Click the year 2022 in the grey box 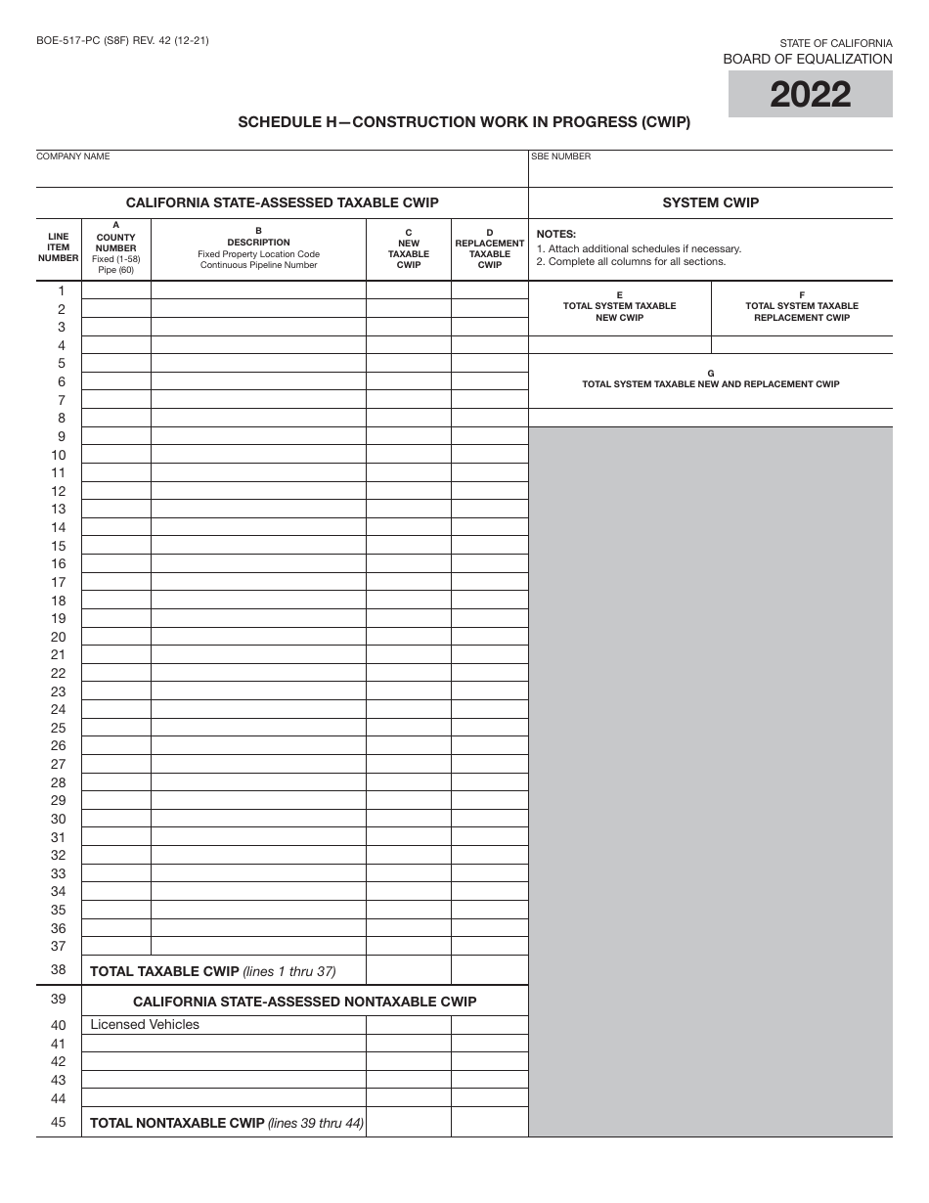810,95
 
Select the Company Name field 282,172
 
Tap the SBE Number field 710,172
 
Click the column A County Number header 116,248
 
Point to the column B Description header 258,248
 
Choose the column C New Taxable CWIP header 409,248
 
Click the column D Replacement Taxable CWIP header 489,248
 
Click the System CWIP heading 710,202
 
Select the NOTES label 556,234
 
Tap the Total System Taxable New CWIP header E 619,306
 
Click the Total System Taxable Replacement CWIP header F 802,306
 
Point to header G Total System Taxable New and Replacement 710,379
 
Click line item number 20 59,637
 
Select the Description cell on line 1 258,290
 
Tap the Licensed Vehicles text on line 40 145,1025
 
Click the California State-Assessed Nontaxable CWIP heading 304,1002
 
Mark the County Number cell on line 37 116,946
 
